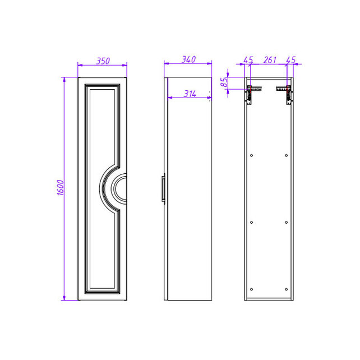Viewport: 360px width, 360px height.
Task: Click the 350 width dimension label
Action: coord(103,61)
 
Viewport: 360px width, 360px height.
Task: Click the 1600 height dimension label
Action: coord(61,188)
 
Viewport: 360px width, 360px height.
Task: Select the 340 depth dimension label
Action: coord(189,59)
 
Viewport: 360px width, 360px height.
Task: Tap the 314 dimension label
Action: coord(190,94)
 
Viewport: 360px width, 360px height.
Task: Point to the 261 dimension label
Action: coord(270,60)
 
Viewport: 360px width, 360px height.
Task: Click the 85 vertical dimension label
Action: coord(224,82)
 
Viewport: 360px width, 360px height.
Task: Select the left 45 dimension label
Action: coord(248,60)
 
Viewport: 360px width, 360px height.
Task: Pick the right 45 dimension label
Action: coord(291,60)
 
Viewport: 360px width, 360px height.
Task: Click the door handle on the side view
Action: coord(163,188)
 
